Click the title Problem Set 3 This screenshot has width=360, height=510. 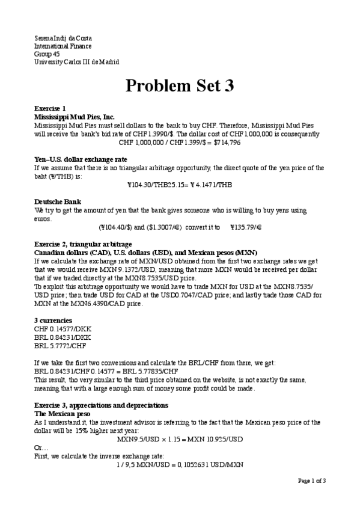[x=179, y=85]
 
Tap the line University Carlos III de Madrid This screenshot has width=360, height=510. [x=76, y=62]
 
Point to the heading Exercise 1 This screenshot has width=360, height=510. [x=50, y=108]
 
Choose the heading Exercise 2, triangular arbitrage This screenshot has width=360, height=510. [x=83, y=245]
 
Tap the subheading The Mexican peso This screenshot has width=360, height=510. [x=59, y=413]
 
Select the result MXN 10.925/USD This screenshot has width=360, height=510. [x=217, y=439]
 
